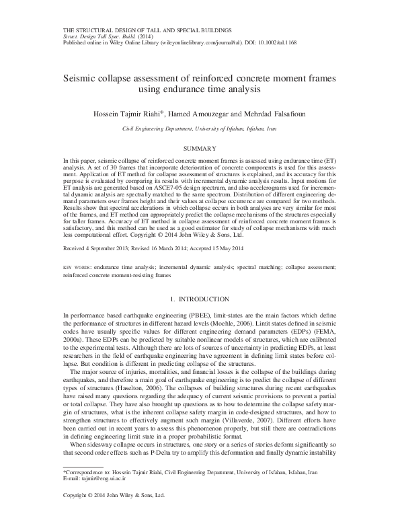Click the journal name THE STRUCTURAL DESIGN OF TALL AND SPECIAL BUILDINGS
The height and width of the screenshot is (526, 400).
pyautogui.click(x=148, y=30)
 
